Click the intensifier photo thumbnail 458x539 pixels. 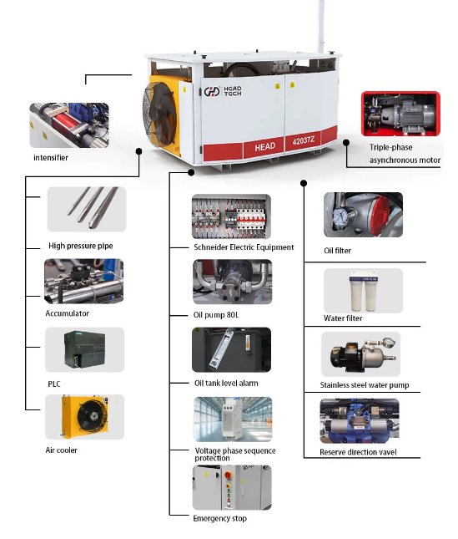point(69,125)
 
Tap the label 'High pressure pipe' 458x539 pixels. point(81,246)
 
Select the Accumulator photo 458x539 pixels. point(83,281)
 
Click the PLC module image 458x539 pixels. point(84,349)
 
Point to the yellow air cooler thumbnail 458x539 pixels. point(84,417)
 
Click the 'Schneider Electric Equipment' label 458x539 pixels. point(244,247)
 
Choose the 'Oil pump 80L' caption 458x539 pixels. point(216,315)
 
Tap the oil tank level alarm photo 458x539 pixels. point(232,349)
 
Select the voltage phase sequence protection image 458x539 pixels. point(233,420)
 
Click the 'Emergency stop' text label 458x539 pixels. point(220,518)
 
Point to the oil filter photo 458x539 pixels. point(363,215)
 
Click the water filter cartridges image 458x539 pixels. point(363,291)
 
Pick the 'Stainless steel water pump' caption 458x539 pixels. point(365,385)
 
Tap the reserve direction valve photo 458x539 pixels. point(360,421)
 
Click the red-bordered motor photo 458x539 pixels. point(400,114)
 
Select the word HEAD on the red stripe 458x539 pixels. point(264,147)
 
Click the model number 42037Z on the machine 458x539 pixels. point(304,140)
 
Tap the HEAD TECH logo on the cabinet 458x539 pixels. point(223,91)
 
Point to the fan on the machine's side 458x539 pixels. point(159,115)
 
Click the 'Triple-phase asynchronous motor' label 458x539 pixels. point(405,154)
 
